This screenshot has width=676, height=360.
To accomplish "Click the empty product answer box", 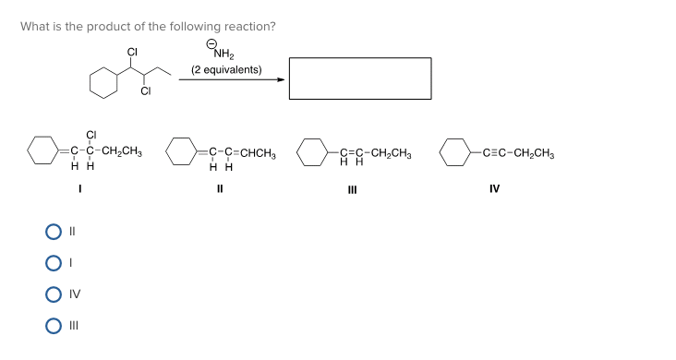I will click(x=359, y=78).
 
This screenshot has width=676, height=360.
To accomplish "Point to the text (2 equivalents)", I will click(x=225, y=70).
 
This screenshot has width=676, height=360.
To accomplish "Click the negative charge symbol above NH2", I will click(x=211, y=43).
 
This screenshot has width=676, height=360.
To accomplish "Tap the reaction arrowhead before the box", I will click(x=281, y=79).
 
